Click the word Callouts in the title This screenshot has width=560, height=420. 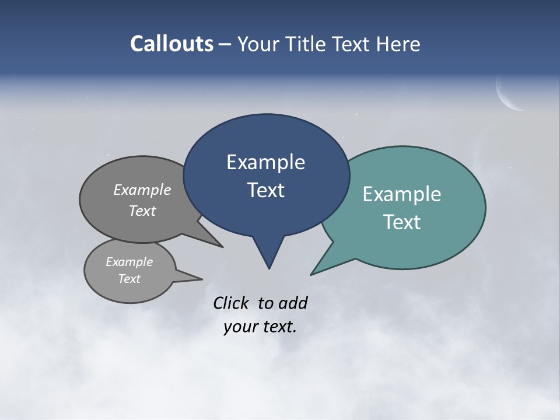point(172,44)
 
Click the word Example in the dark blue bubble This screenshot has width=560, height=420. point(265,162)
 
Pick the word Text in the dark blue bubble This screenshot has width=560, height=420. point(265,190)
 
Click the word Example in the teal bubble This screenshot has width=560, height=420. point(401,194)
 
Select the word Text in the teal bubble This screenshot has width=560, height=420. point(401,222)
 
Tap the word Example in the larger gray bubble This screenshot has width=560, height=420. point(142,190)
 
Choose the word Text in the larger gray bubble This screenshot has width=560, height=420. point(142,211)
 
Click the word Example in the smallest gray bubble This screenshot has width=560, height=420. point(129,262)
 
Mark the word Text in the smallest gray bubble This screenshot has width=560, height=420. point(129,279)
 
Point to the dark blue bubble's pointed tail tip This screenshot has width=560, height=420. point(269,268)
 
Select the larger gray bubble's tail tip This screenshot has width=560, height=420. point(222,247)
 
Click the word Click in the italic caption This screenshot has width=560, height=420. point(232,303)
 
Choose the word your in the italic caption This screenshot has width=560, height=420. point(240,327)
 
